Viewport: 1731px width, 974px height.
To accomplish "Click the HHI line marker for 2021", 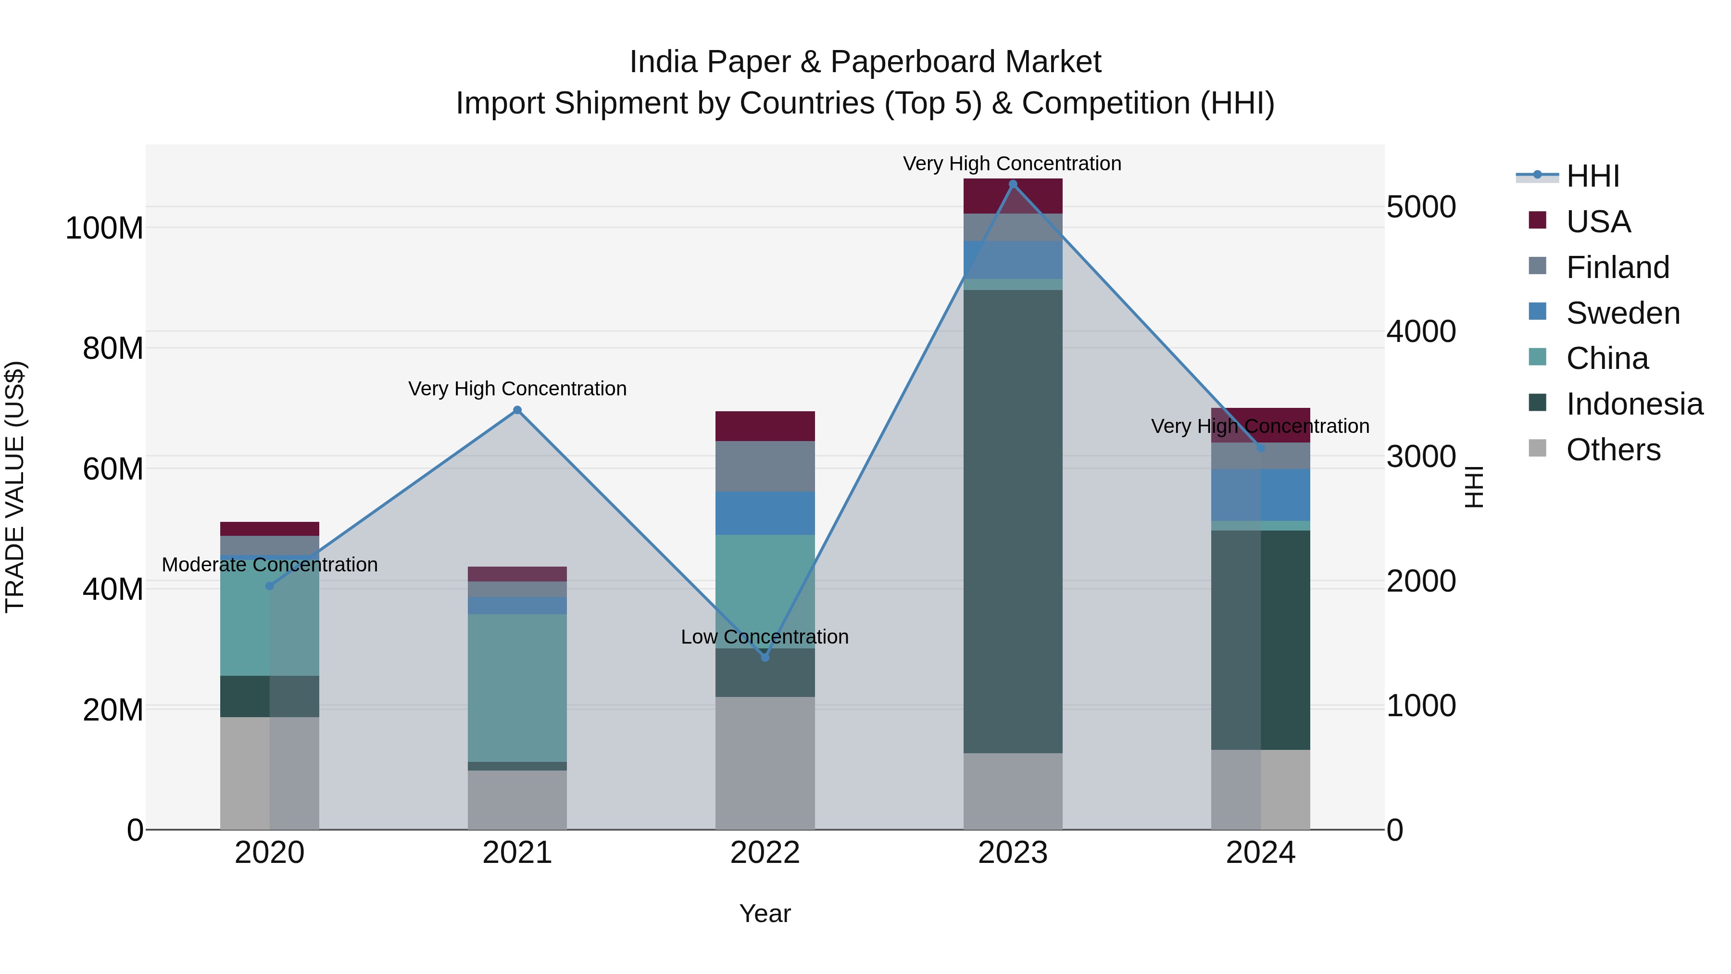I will click(x=517, y=410).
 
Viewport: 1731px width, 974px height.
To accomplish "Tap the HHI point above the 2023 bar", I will click(x=1013, y=184).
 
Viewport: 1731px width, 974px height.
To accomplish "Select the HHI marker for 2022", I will click(x=765, y=657).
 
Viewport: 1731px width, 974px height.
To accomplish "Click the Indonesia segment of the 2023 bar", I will click(x=1013, y=521).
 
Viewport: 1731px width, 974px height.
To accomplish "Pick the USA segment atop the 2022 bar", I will click(x=765, y=426).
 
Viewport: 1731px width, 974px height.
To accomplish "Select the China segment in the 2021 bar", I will click(x=517, y=687).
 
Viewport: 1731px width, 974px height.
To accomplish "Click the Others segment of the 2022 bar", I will click(x=765, y=762).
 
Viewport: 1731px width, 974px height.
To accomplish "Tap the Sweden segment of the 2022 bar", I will click(x=765, y=513).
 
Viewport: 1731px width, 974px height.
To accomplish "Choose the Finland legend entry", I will click(x=1617, y=267).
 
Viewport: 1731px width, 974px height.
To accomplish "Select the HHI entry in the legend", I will click(x=1592, y=176).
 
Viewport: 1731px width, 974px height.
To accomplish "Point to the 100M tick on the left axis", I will click(x=104, y=228).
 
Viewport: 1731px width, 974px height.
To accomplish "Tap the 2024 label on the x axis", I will click(x=1260, y=853).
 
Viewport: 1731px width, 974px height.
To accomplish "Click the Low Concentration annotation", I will click(x=765, y=636).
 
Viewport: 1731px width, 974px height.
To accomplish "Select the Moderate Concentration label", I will click(x=269, y=565).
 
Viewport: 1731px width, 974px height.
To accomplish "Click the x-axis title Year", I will click(x=765, y=913).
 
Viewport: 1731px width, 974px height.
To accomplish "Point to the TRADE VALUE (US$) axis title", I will click(x=15, y=487).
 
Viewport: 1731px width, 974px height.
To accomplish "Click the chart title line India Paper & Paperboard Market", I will click(x=865, y=62).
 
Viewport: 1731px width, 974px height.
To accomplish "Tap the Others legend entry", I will click(x=1613, y=450).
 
